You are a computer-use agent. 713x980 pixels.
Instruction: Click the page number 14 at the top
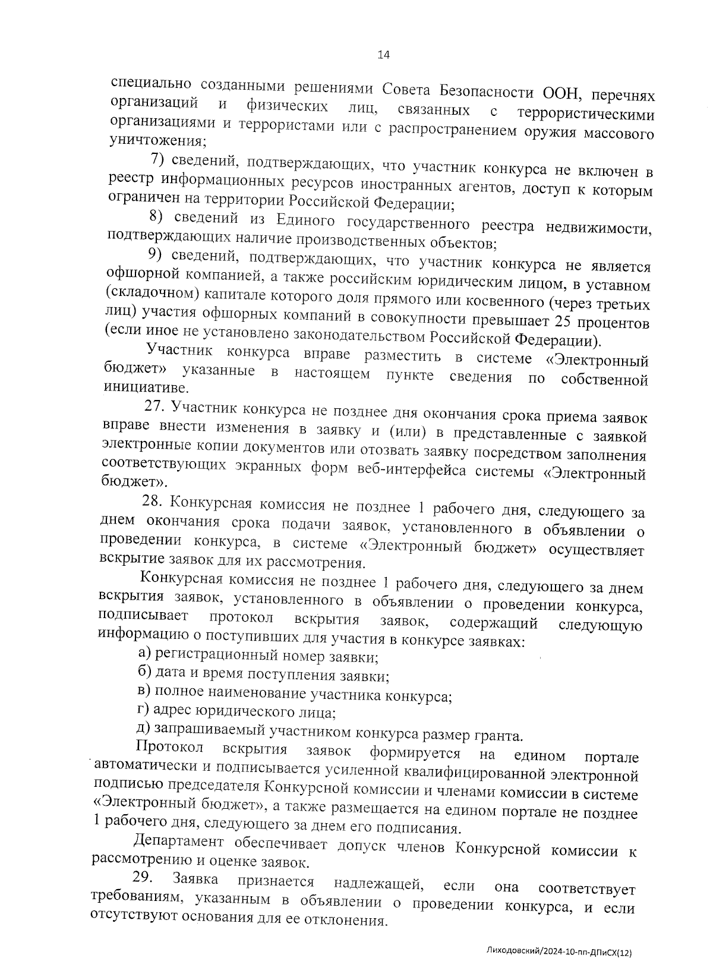click(383, 55)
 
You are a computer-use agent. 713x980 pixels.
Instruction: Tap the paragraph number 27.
click(154, 407)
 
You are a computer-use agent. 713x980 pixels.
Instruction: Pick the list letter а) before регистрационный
click(144, 654)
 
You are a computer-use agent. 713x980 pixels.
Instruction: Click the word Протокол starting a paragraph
click(169, 746)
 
